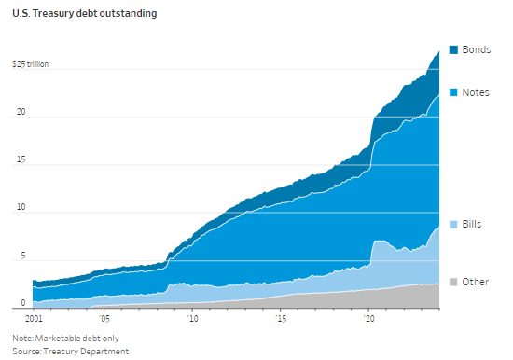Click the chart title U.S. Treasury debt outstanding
84,13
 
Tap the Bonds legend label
476,49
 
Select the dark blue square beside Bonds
453,49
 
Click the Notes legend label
476,92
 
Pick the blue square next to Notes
453,92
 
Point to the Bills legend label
471,224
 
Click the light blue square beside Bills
453,225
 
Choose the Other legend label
475,282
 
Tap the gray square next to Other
453,282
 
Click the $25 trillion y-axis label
31,64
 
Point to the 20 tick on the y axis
21,112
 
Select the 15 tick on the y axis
21,159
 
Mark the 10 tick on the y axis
21,207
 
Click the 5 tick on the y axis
23,256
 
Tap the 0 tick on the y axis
23,303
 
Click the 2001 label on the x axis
34,318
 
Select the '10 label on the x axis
193,318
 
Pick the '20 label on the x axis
368,318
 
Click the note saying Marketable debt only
66,338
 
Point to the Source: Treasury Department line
70,352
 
